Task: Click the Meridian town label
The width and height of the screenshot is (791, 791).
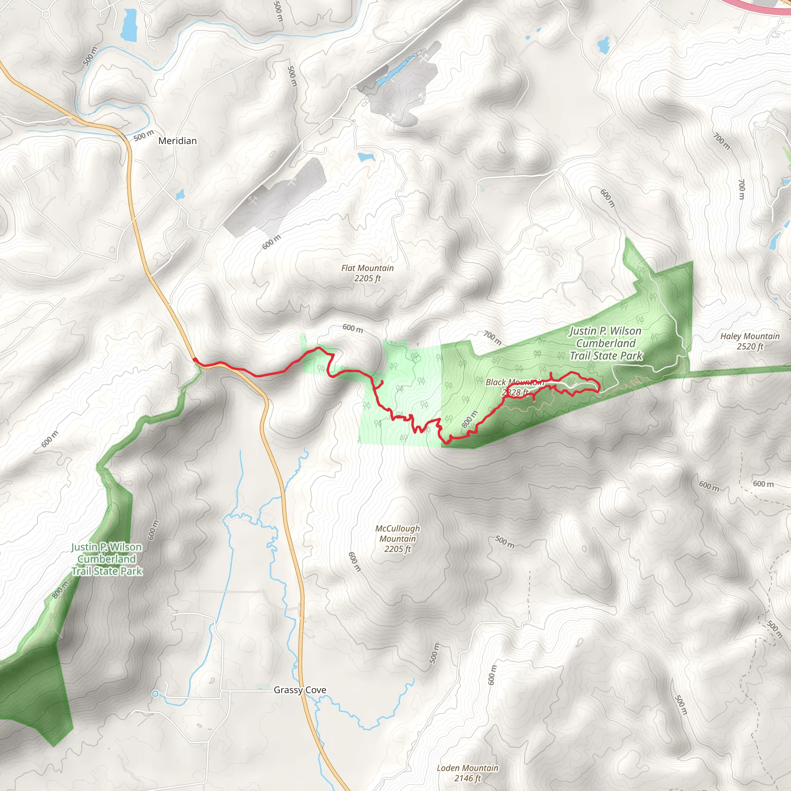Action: [177, 141]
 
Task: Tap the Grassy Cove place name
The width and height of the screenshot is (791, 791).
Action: [300, 690]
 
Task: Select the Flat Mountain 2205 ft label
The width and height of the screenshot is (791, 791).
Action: [367, 273]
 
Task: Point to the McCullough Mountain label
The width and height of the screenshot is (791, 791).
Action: [397, 539]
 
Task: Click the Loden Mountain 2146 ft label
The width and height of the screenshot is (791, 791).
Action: [467, 773]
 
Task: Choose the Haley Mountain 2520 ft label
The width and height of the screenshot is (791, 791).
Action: [750, 341]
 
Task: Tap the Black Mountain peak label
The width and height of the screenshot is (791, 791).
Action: [514, 387]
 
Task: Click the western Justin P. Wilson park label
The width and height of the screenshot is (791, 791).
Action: [107, 559]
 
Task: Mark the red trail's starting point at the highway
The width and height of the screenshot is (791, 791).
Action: [195, 360]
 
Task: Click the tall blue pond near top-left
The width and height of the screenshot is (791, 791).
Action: [129, 25]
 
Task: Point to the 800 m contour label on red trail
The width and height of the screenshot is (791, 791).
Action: [469, 419]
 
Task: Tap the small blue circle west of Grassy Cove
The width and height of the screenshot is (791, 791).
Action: [155, 694]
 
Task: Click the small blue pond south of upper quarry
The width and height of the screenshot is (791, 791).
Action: [366, 157]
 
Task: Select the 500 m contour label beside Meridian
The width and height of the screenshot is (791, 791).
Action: [144, 136]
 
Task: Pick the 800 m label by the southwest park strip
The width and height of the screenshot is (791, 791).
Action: [61, 589]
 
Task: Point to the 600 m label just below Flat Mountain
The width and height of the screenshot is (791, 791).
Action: [353, 328]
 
